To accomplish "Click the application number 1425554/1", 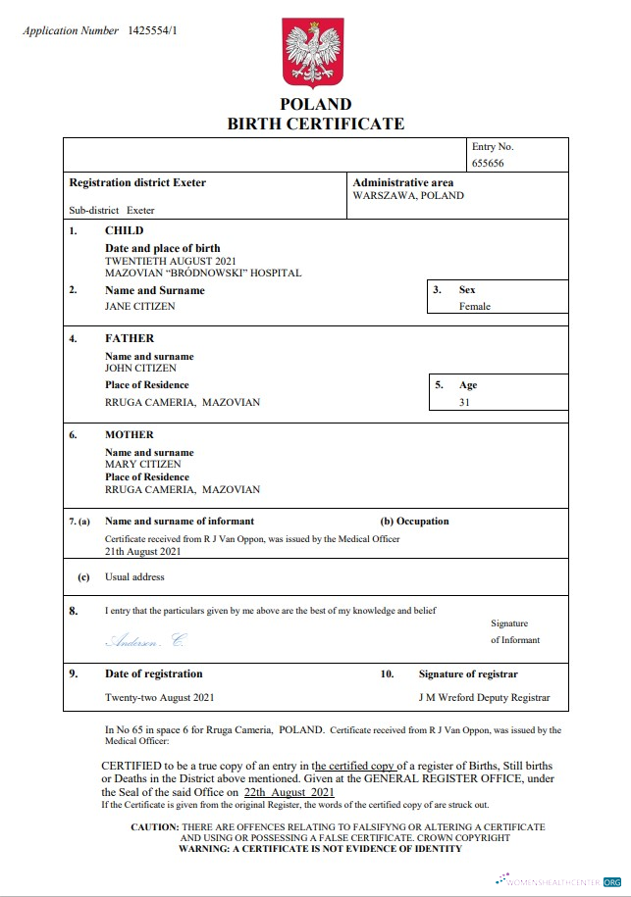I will pos(152,30).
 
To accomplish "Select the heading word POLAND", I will pos(315,104).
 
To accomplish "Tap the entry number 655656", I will pos(488,164).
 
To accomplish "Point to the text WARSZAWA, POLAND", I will pos(408,195).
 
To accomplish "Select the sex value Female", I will pos(475,306).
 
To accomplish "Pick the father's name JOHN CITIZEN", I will pos(141,368).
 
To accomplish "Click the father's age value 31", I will pos(464,401).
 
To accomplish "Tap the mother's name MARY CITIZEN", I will pos(143,464).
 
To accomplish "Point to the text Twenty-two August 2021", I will pos(158,698).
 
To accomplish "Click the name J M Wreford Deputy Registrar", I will pos(484,698).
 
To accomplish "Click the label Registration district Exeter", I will pos(137,183).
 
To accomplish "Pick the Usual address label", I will pos(134,577).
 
